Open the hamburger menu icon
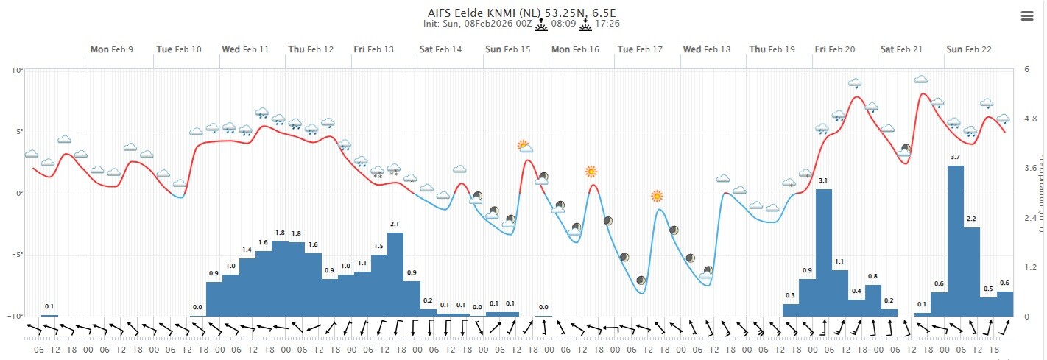pyautogui.click(x=1027, y=17)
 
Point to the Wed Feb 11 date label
pyautogui.click(x=245, y=49)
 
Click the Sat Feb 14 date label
pyautogui.click(x=441, y=49)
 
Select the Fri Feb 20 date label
pyautogui.click(x=835, y=49)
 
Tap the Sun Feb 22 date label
pyautogui.click(x=968, y=49)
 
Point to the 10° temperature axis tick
pyautogui.click(x=17, y=70)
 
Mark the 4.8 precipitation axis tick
pyautogui.click(x=1030, y=119)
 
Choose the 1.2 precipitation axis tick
pyautogui.click(x=1030, y=267)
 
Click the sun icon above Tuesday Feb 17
pyautogui.click(x=657, y=196)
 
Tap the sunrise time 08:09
pyautogui.click(x=563, y=24)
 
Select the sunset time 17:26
pyautogui.click(x=607, y=24)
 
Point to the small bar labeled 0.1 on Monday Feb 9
pyautogui.click(x=49, y=315)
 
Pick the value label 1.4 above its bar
pyautogui.click(x=247, y=250)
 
